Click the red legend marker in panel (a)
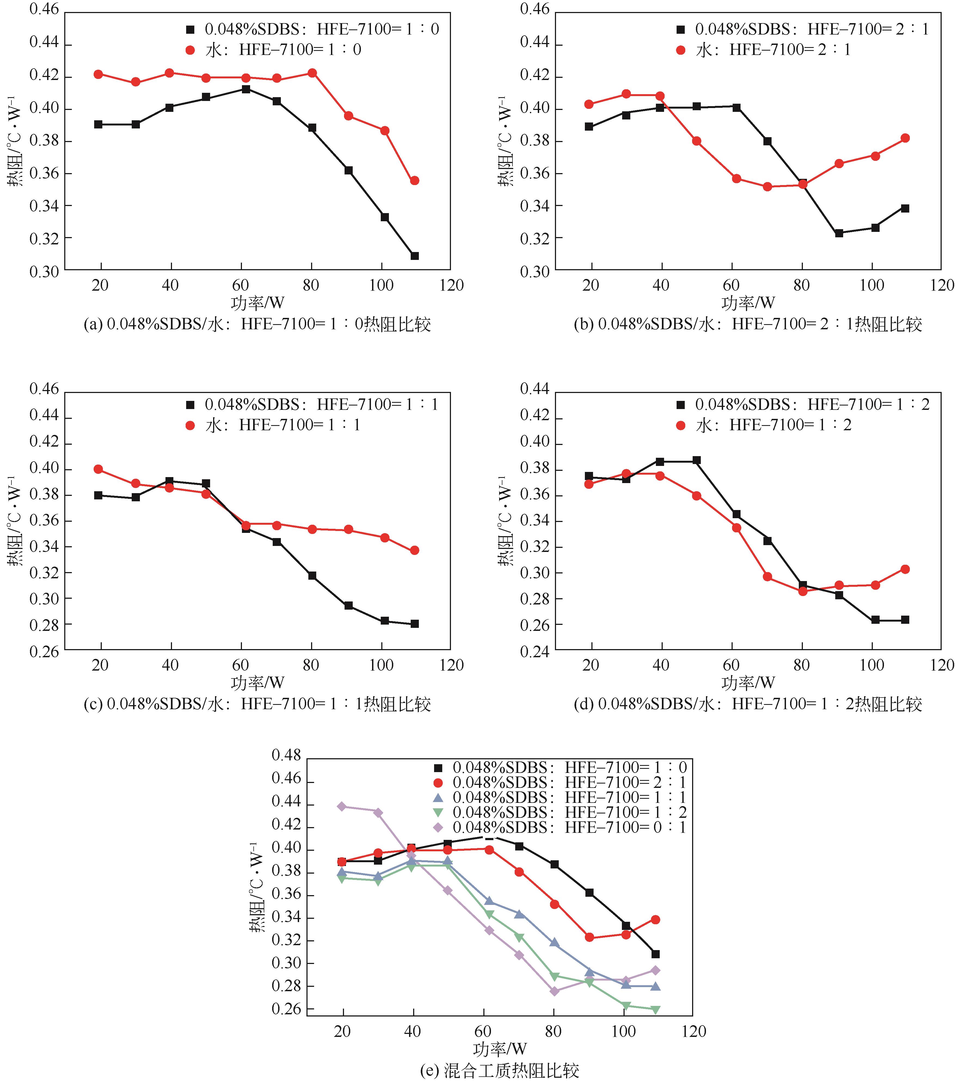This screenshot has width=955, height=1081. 190,50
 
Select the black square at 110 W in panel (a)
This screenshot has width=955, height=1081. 414,256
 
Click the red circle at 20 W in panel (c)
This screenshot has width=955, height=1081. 98,469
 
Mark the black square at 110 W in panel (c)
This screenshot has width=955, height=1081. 414,624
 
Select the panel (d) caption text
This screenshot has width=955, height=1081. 748,704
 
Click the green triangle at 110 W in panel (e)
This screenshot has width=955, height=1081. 656,1010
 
